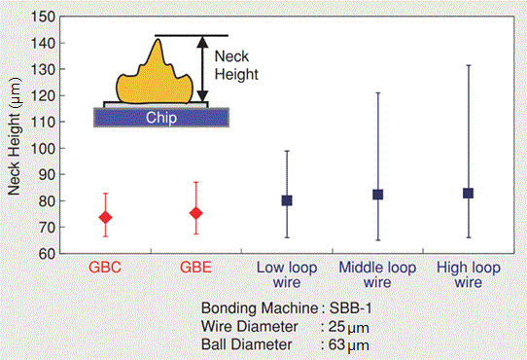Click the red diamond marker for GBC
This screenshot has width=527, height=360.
point(106,217)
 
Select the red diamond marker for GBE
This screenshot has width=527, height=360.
point(196,213)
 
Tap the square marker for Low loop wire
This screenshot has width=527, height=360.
point(287,200)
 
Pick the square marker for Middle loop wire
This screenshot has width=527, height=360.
point(378,195)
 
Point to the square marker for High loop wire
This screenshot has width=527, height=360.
point(469,194)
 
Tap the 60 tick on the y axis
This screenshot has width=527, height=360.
point(44,254)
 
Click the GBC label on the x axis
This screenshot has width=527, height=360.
point(105,267)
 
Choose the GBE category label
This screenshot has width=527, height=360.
point(196,267)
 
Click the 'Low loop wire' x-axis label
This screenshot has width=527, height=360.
point(287,273)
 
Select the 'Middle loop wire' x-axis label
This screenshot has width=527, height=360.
point(377,273)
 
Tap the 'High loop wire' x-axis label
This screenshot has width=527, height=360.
point(469,273)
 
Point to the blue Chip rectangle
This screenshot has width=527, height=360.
point(160,117)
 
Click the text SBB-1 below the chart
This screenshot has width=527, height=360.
point(346,308)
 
